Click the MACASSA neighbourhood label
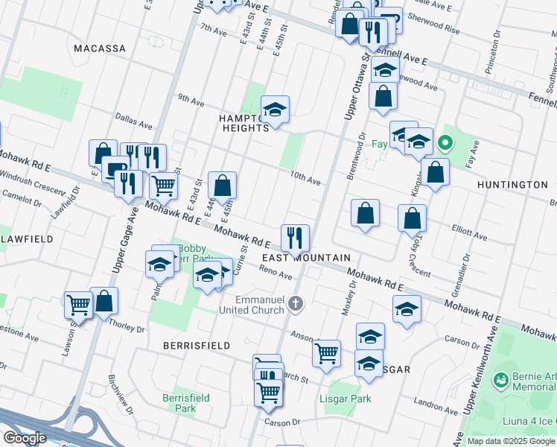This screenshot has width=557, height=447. click(x=100, y=48)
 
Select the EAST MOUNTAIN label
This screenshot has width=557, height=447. click(x=306, y=258)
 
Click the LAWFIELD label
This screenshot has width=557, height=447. click(x=26, y=239)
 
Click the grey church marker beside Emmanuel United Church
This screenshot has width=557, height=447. click(x=296, y=303)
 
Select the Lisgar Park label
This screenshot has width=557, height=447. click(x=348, y=399)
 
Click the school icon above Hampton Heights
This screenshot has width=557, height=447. click(x=275, y=110)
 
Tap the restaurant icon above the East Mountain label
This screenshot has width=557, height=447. click(x=295, y=238)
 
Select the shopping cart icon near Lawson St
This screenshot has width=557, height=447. click(x=77, y=304)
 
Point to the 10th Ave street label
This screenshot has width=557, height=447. click(x=305, y=180)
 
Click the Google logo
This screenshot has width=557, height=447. click(x=25, y=438)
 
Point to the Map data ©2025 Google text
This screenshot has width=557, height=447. click(x=511, y=441)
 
